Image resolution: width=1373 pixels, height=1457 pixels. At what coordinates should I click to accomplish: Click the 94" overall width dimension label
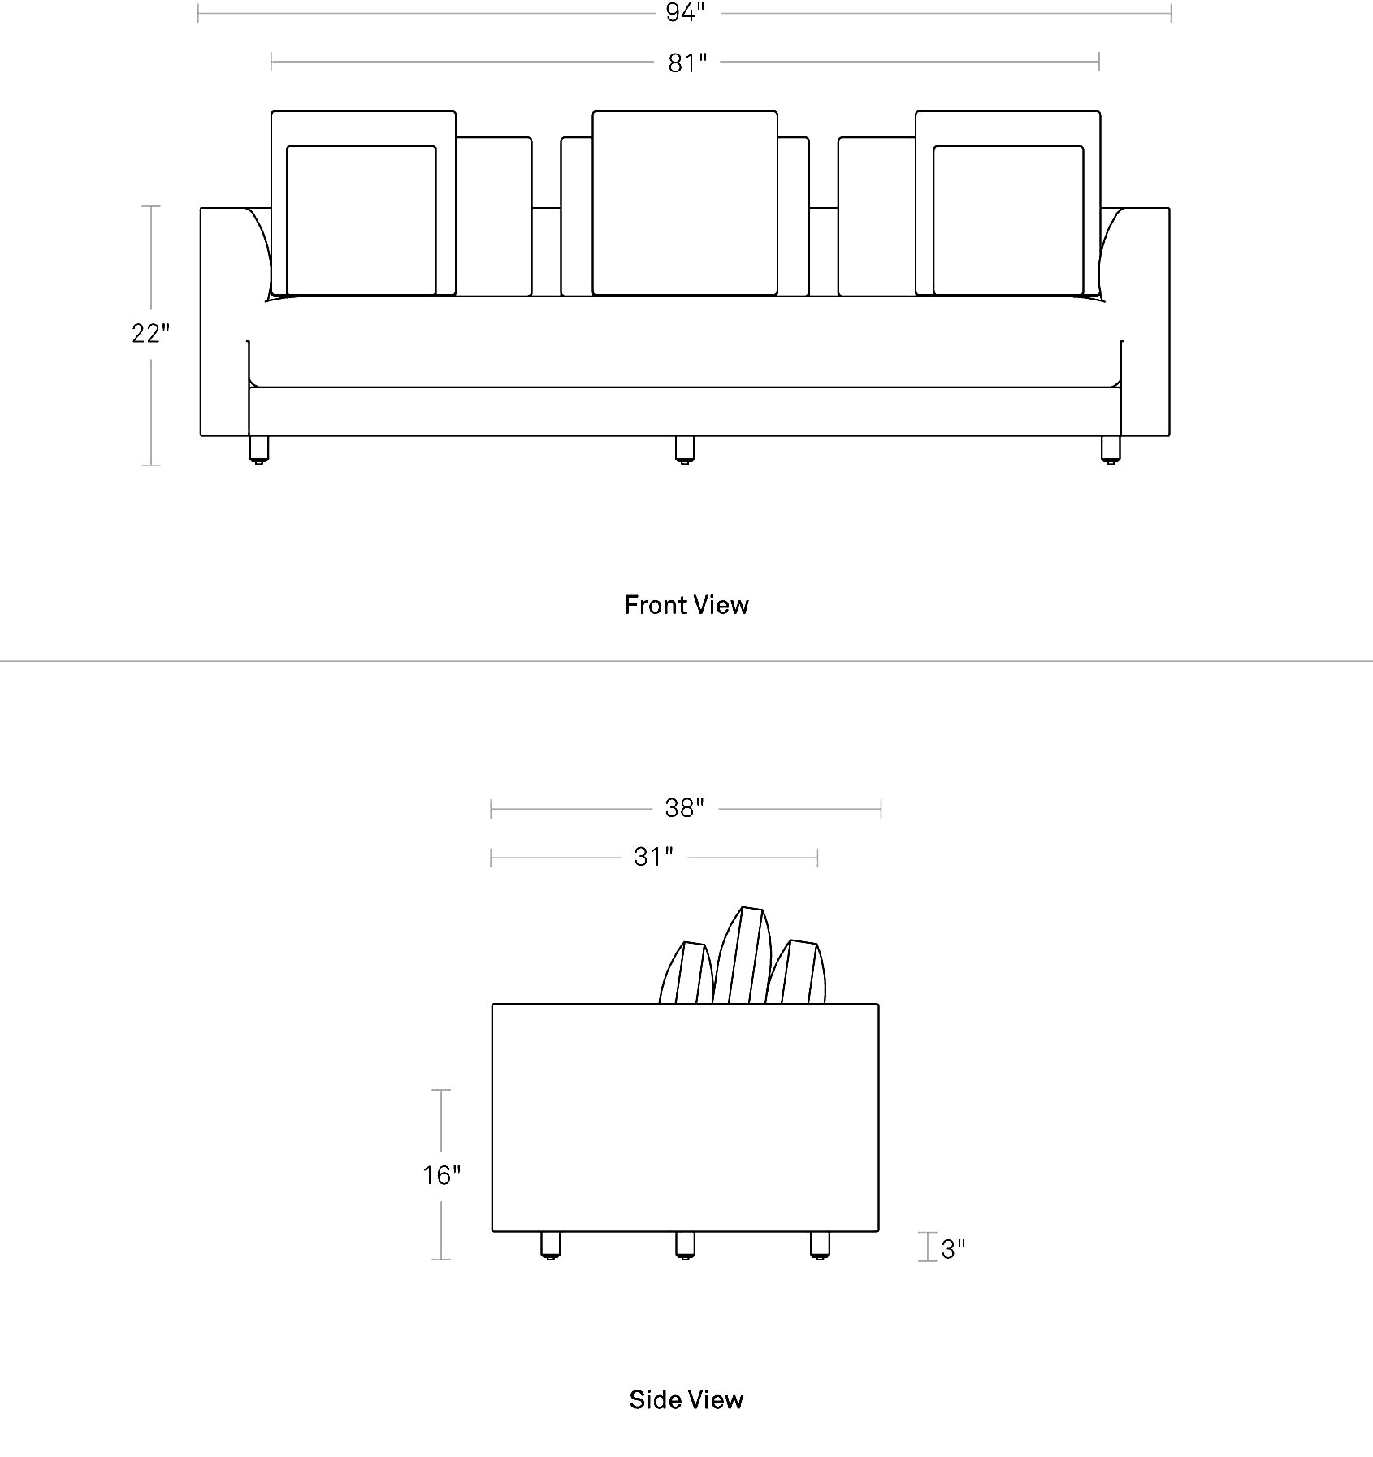pos(684,12)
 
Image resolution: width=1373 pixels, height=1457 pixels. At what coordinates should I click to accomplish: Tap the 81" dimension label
pos(687,63)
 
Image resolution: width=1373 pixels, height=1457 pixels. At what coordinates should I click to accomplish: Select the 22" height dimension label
pos(151,333)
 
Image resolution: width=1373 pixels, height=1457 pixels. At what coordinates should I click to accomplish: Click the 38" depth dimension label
pos(684,808)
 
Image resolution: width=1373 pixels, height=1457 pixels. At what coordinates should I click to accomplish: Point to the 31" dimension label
pos(654,857)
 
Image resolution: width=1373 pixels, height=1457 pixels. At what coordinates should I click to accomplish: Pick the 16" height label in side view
pos(441,1175)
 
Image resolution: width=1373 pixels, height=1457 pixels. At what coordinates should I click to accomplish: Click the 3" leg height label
pos(953,1249)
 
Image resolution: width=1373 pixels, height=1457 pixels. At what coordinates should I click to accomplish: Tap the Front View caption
pos(686,605)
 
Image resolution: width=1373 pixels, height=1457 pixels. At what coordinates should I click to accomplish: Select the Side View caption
pos(686,1399)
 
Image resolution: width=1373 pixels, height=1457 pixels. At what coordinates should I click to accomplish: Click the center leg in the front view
pos(685,450)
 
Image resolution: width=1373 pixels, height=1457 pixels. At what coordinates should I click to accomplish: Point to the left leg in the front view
pos(259,450)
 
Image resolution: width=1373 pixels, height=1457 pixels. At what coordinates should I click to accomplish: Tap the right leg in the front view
pos(1110,450)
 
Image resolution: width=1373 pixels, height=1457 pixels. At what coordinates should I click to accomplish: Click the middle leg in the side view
pos(685,1245)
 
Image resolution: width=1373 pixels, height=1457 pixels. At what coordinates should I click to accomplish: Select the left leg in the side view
pos(551,1245)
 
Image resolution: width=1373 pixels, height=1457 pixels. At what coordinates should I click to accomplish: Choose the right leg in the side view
pos(820,1245)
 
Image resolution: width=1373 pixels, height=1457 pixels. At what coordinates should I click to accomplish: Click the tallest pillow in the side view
pos(742,955)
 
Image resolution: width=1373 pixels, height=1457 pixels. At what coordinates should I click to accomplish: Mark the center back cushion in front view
pos(685,203)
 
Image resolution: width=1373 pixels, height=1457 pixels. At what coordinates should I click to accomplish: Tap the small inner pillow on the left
pos(362,220)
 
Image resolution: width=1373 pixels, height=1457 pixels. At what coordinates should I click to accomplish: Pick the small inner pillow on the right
pos(1008,220)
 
